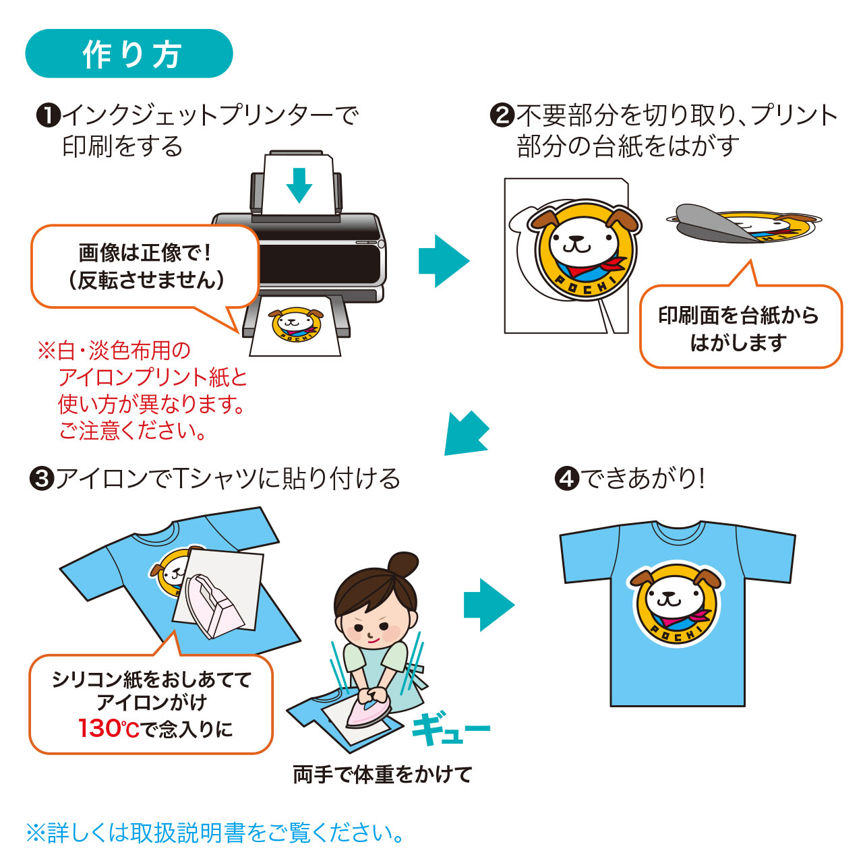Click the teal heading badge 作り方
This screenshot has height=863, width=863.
pos(129,54)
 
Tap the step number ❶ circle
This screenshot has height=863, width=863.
pos(49,115)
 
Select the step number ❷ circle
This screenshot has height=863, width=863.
pos(502,115)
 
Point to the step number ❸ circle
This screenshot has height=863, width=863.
pos(42,479)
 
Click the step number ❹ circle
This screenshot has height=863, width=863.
pos(566,479)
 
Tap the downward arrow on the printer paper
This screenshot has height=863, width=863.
pos(299,185)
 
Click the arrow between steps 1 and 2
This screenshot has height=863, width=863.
pos(444,261)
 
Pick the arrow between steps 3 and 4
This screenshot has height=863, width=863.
pos(489,605)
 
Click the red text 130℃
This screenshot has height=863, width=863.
pos(109,729)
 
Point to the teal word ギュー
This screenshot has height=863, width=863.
pos(450,727)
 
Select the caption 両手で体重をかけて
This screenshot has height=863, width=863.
pos(382,775)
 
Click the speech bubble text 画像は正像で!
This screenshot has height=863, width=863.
pos(145,253)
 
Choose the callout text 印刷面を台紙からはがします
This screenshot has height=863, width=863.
pos(739,329)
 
